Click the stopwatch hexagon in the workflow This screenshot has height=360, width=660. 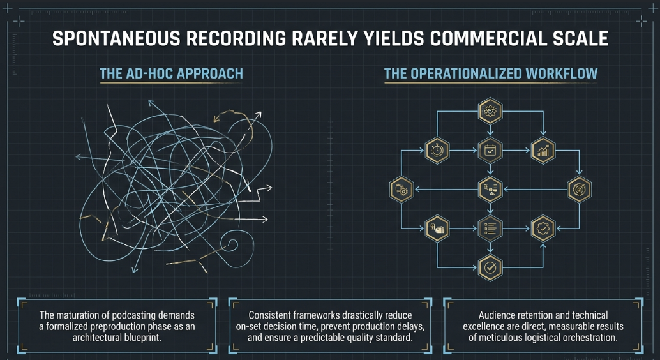tap(437, 150)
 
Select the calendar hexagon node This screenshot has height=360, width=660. tap(490, 150)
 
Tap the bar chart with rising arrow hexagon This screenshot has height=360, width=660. tap(543, 150)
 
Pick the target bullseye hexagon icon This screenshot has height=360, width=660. tap(579, 190)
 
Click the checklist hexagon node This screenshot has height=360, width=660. tap(490, 229)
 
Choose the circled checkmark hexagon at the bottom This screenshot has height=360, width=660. tap(490, 267)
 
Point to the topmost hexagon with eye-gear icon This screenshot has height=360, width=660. tap(490, 111)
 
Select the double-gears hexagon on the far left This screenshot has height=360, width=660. tap(401, 190)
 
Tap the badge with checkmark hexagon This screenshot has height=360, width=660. tap(543, 229)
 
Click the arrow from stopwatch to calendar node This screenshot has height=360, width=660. tap(463, 150)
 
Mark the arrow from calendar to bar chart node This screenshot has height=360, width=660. tap(516, 150)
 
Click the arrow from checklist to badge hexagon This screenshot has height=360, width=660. tap(516, 229)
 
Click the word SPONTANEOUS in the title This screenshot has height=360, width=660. tap(116, 39)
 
